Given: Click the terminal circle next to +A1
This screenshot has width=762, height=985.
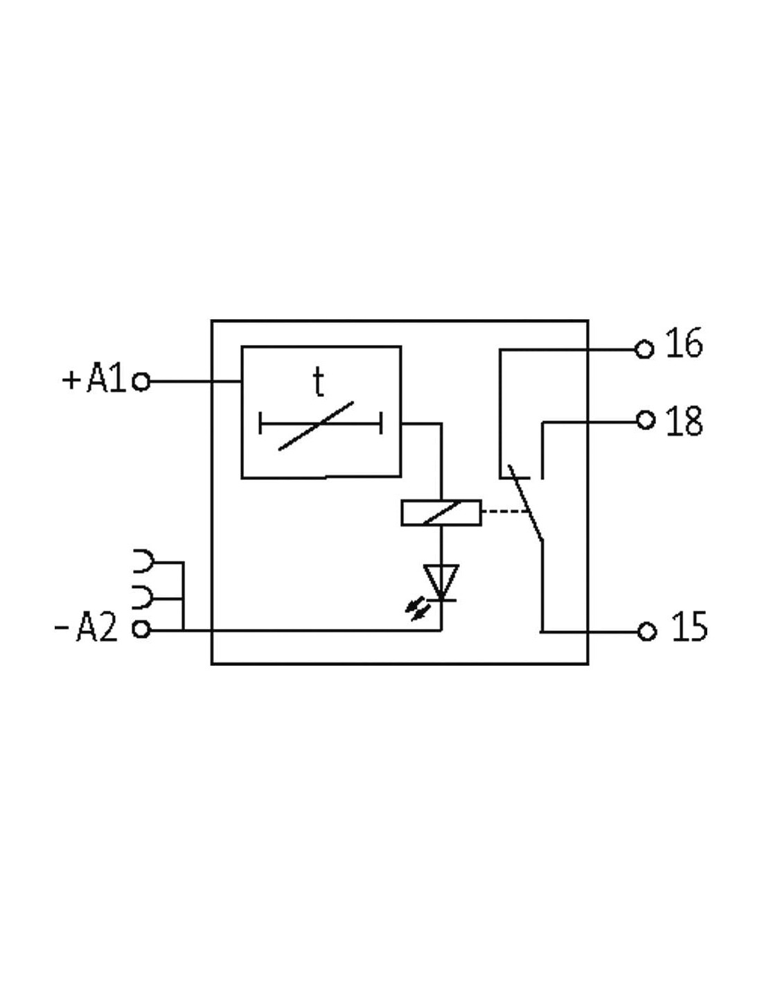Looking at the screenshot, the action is pyautogui.click(x=141, y=382).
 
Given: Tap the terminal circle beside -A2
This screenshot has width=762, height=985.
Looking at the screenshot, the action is pyautogui.click(x=141, y=629).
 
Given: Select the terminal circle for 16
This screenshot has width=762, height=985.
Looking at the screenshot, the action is pyautogui.click(x=644, y=350).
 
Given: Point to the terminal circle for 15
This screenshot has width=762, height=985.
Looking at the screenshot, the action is pyautogui.click(x=647, y=632).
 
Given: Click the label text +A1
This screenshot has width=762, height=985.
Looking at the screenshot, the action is pyautogui.click(x=94, y=377).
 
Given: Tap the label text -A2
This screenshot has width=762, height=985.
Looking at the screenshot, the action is pyautogui.click(x=86, y=626).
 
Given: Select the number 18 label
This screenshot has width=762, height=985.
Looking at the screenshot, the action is pyautogui.click(x=684, y=420).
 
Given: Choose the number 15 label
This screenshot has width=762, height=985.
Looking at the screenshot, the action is pyautogui.click(x=689, y=626).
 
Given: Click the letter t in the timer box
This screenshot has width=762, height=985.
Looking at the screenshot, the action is pyautogui.click(x=319, y=381).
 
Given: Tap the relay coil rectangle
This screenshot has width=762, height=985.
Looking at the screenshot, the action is pyautogui.click(x=441, y=513).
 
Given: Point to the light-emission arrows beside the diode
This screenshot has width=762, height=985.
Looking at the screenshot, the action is pyautogui.click(x=417, y=608).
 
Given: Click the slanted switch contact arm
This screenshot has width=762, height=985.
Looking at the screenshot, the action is pyautogui.click(x=525, y=503).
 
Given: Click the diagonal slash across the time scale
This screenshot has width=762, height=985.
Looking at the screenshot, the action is pyautogui.click(x=316, y=425).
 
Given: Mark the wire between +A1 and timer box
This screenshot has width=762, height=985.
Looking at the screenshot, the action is pyautogui.click(x=195, y=382).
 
